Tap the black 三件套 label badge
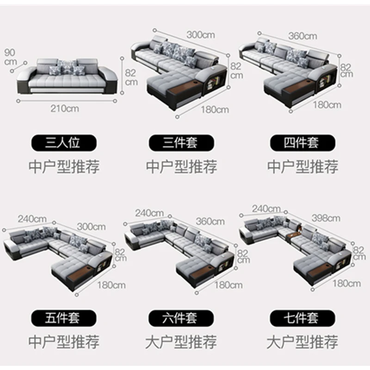(182, 142)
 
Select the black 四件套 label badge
(302, 142)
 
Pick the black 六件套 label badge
(182, 318)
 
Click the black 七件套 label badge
(302, 318)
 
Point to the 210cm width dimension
(65, 109)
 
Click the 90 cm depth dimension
(10, 57)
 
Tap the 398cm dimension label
(326, 218)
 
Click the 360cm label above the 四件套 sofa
(303, 36)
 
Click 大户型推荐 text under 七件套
(302, 342)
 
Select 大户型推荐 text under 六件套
(182, 342)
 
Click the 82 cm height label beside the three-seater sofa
(131, 76)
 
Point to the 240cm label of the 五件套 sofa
(32, 218)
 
